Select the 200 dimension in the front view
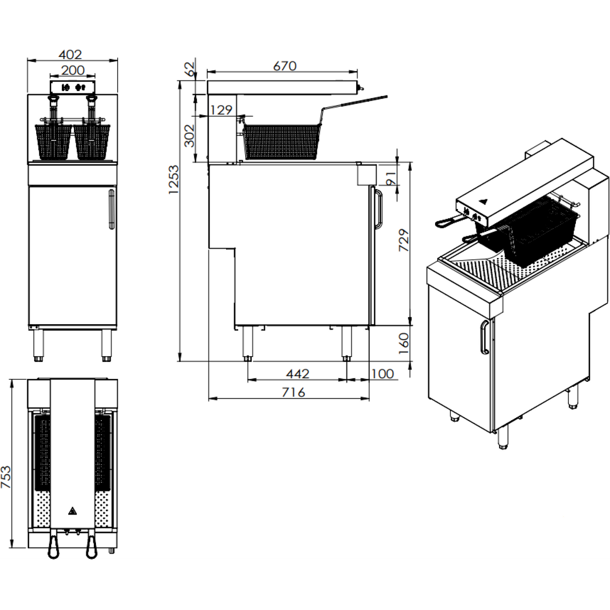pyautogui.click(x=73, y=70)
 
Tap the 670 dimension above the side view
pyautogui.click(x=285, y=66)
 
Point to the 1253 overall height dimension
pyautogui.click(x=174, y=179)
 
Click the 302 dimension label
pyautogui.click(x=189, y=136)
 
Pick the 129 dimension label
pyautogui.click(x=221, y=110)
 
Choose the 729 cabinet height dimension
pyautogui.click(x=404, y=240)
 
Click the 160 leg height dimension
pyautogui.click(x=404, y=344)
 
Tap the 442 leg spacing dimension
pyautogui.click(x=297, y=374)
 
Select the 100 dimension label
pyautogui.click(x=383, y=374)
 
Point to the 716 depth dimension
pyautogui.click(x=293, y=392)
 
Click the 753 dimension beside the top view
pyautogui.click(x=6, y=477)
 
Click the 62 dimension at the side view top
pyautogui.click(x=190, y=69)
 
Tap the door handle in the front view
pyautogui.click(x=112, y=208)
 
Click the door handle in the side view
pyautogui.click(x=378, y=209)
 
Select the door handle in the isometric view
pyautogui.click(x=484, y=338)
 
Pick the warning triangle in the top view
pyautogui.click(x=72, y=512)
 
